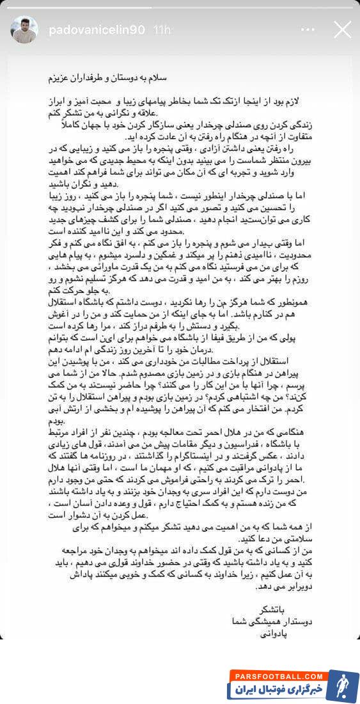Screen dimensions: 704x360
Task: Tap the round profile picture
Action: (x=24, y=29)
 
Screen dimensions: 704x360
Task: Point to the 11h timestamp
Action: (x=163, y=29)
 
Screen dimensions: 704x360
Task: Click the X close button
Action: (x=342, y=29)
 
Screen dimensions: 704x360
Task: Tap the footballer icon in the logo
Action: (x=341, y=685)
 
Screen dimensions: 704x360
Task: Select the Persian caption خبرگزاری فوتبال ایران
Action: (x=276, y=691)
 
